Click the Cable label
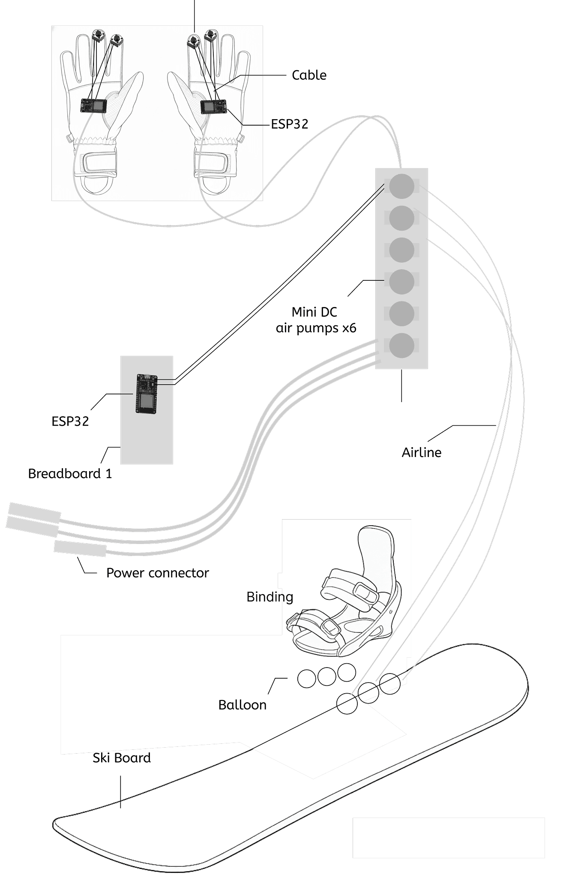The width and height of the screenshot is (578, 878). (x=309, y=75)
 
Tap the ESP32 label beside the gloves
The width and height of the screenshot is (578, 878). (x=290, y=124)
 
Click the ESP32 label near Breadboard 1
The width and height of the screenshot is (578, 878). (x=70, y=421)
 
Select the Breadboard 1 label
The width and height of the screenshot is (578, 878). (x=70, y=474)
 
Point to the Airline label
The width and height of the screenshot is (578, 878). (x=421, y=453)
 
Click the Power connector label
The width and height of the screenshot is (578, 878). (x=157, y=573)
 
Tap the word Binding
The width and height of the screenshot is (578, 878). (x=270, y=597)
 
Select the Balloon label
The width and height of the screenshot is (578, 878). (x=242, y=705)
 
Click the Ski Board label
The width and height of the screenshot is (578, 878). (x=122, y=758)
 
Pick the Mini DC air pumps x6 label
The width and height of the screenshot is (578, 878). (x=316, y=320)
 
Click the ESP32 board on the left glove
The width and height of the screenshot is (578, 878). (x=94, y=105)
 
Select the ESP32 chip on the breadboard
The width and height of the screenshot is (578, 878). (x=147, y=394)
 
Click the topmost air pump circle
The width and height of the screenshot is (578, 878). (x=401, y=186)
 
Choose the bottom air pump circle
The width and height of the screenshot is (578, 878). (x=401, y=346)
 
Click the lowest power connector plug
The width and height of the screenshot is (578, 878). (x=80, y=549)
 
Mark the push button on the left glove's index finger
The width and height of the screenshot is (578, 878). (x=115, y=40)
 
